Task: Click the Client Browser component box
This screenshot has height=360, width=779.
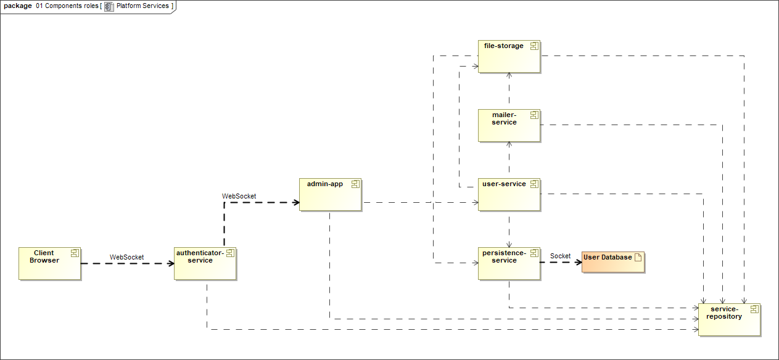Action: [x=50, y=263]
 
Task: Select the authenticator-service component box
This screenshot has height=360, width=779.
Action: [x=205, y=263]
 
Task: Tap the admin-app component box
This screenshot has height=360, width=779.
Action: [x=330, y=194]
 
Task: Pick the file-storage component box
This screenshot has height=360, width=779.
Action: [x=509, y=56]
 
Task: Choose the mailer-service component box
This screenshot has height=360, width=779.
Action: [x=509, y=125]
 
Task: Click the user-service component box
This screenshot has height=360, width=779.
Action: [x=509, y=194]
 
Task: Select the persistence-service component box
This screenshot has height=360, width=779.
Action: [x=509, y=263]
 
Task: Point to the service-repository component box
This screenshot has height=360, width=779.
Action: [x=729, y=319]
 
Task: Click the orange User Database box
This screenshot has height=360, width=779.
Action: [x=612, y=262]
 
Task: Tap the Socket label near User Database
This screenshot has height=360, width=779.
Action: [x=560, y=256]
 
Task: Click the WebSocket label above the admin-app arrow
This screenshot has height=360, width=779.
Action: [x=239, y=196]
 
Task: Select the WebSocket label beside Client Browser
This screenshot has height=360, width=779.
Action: [x=126, y=257]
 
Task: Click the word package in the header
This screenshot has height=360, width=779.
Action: [x=18, y=6]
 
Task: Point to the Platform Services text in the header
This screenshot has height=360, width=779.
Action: [x=142, y=6]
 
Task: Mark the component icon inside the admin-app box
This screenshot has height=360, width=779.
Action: [x=355, y=184]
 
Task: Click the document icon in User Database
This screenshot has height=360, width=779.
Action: [x=638, y=257]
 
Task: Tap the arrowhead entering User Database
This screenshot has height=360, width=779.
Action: [x=579, y=263]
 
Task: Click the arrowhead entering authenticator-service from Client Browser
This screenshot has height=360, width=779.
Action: [x=171, y=263]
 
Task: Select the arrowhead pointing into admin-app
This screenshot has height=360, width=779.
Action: [x=296, y=202]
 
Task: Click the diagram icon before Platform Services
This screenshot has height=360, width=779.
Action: [x=109, y=6]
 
